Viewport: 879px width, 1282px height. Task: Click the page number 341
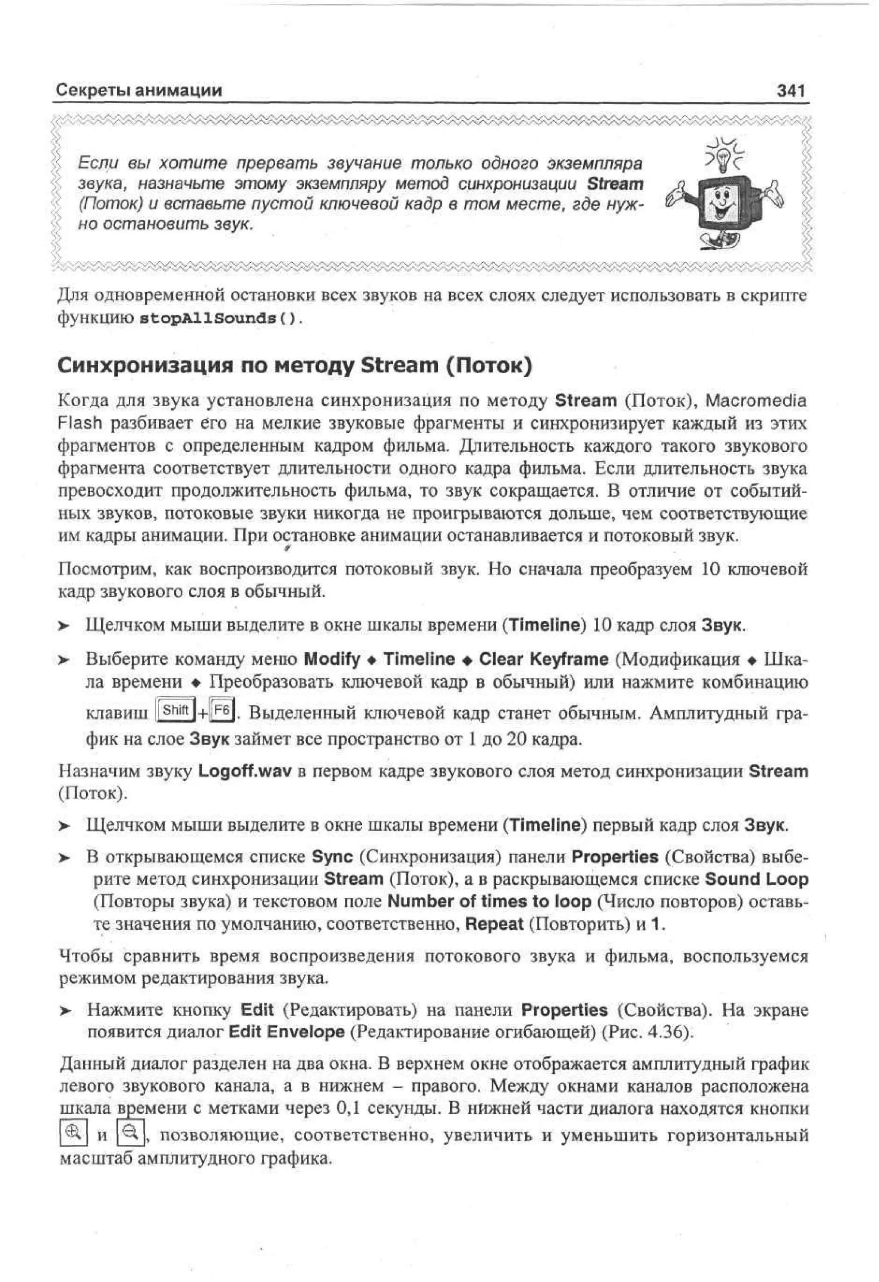click(790, 91)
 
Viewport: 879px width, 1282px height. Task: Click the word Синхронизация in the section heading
click(143, 366)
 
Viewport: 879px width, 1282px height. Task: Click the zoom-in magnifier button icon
click(73, 1132)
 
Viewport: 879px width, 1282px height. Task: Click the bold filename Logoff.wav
click(245, 771)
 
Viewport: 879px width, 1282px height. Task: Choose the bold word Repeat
click(494, 924)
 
